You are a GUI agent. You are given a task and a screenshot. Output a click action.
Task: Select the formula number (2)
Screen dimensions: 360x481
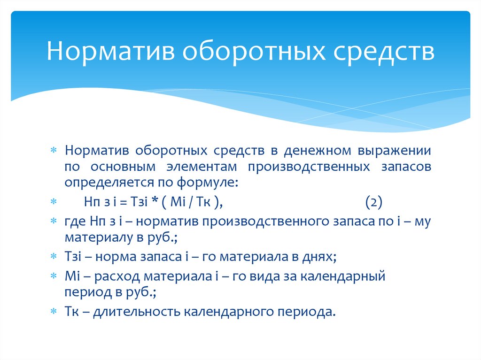[x=374, y=202]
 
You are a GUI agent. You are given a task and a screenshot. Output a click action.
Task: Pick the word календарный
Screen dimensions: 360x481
[x=347, y=277]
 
